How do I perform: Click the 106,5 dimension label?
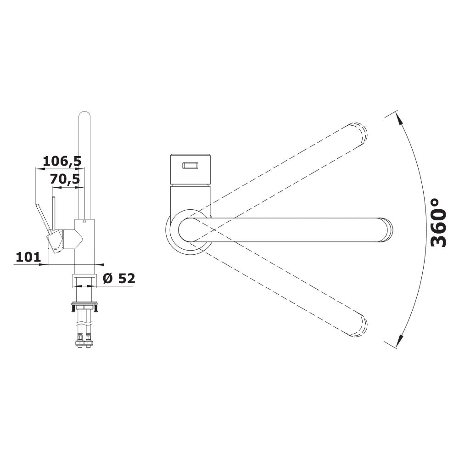(62, 161)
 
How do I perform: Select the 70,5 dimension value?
(65, 179)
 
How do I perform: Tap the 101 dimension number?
(28, 257)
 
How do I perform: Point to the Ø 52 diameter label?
(119, 279)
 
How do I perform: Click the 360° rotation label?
(439, 223)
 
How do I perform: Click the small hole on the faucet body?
(84, 222)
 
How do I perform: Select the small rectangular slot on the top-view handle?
(190, 166)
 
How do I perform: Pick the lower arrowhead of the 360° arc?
(399, 341)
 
